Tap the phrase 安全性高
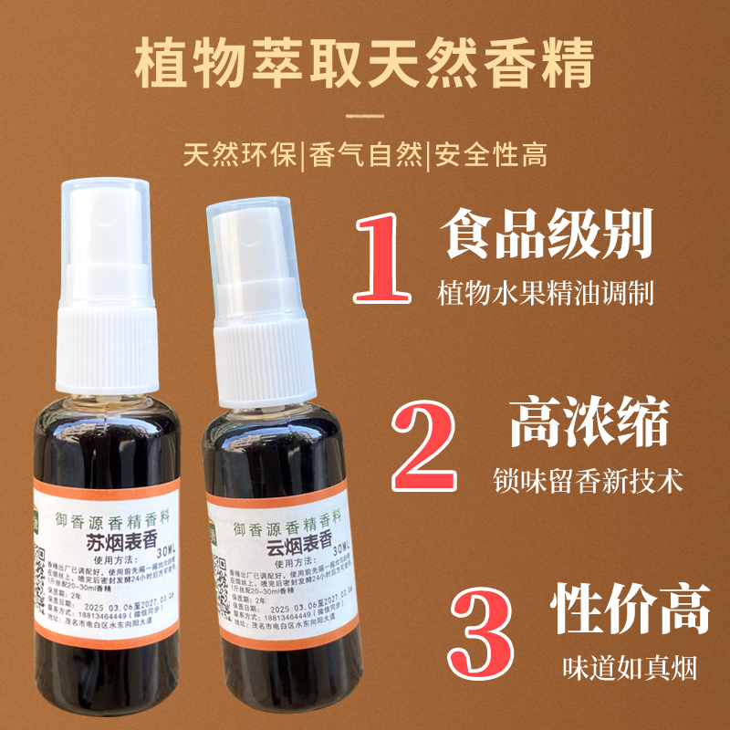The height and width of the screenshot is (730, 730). (490, 154)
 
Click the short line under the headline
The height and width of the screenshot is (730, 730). (365, 117)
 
